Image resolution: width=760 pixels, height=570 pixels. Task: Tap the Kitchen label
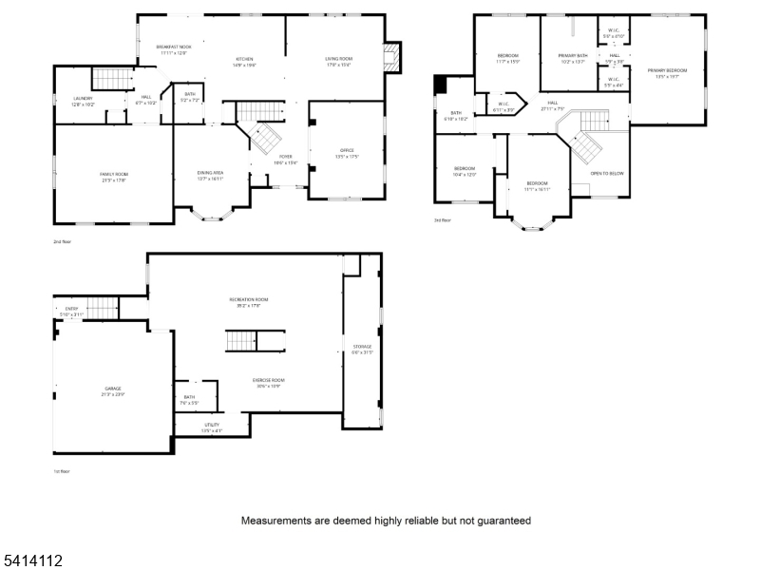[x=244, y=60]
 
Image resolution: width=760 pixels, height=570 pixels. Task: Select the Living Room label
[x=339, y=60]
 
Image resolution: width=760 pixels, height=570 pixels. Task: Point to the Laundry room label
[x=83, y=99]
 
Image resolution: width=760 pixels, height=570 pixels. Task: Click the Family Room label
[x=114, y=174]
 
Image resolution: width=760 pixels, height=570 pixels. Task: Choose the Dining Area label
[x=210, y=173]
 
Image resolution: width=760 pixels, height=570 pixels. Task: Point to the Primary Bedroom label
[x=666, y=70]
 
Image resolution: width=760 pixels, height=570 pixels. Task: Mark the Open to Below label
[x=607, y=173]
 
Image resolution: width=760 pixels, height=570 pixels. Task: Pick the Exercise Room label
[x=270, y=380]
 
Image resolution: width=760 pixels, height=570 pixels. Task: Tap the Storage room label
[x=362, y=347]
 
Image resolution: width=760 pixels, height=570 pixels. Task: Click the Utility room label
[x=211, y=426]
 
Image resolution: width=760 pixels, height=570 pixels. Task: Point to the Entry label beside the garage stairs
[x=71, y=309]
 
